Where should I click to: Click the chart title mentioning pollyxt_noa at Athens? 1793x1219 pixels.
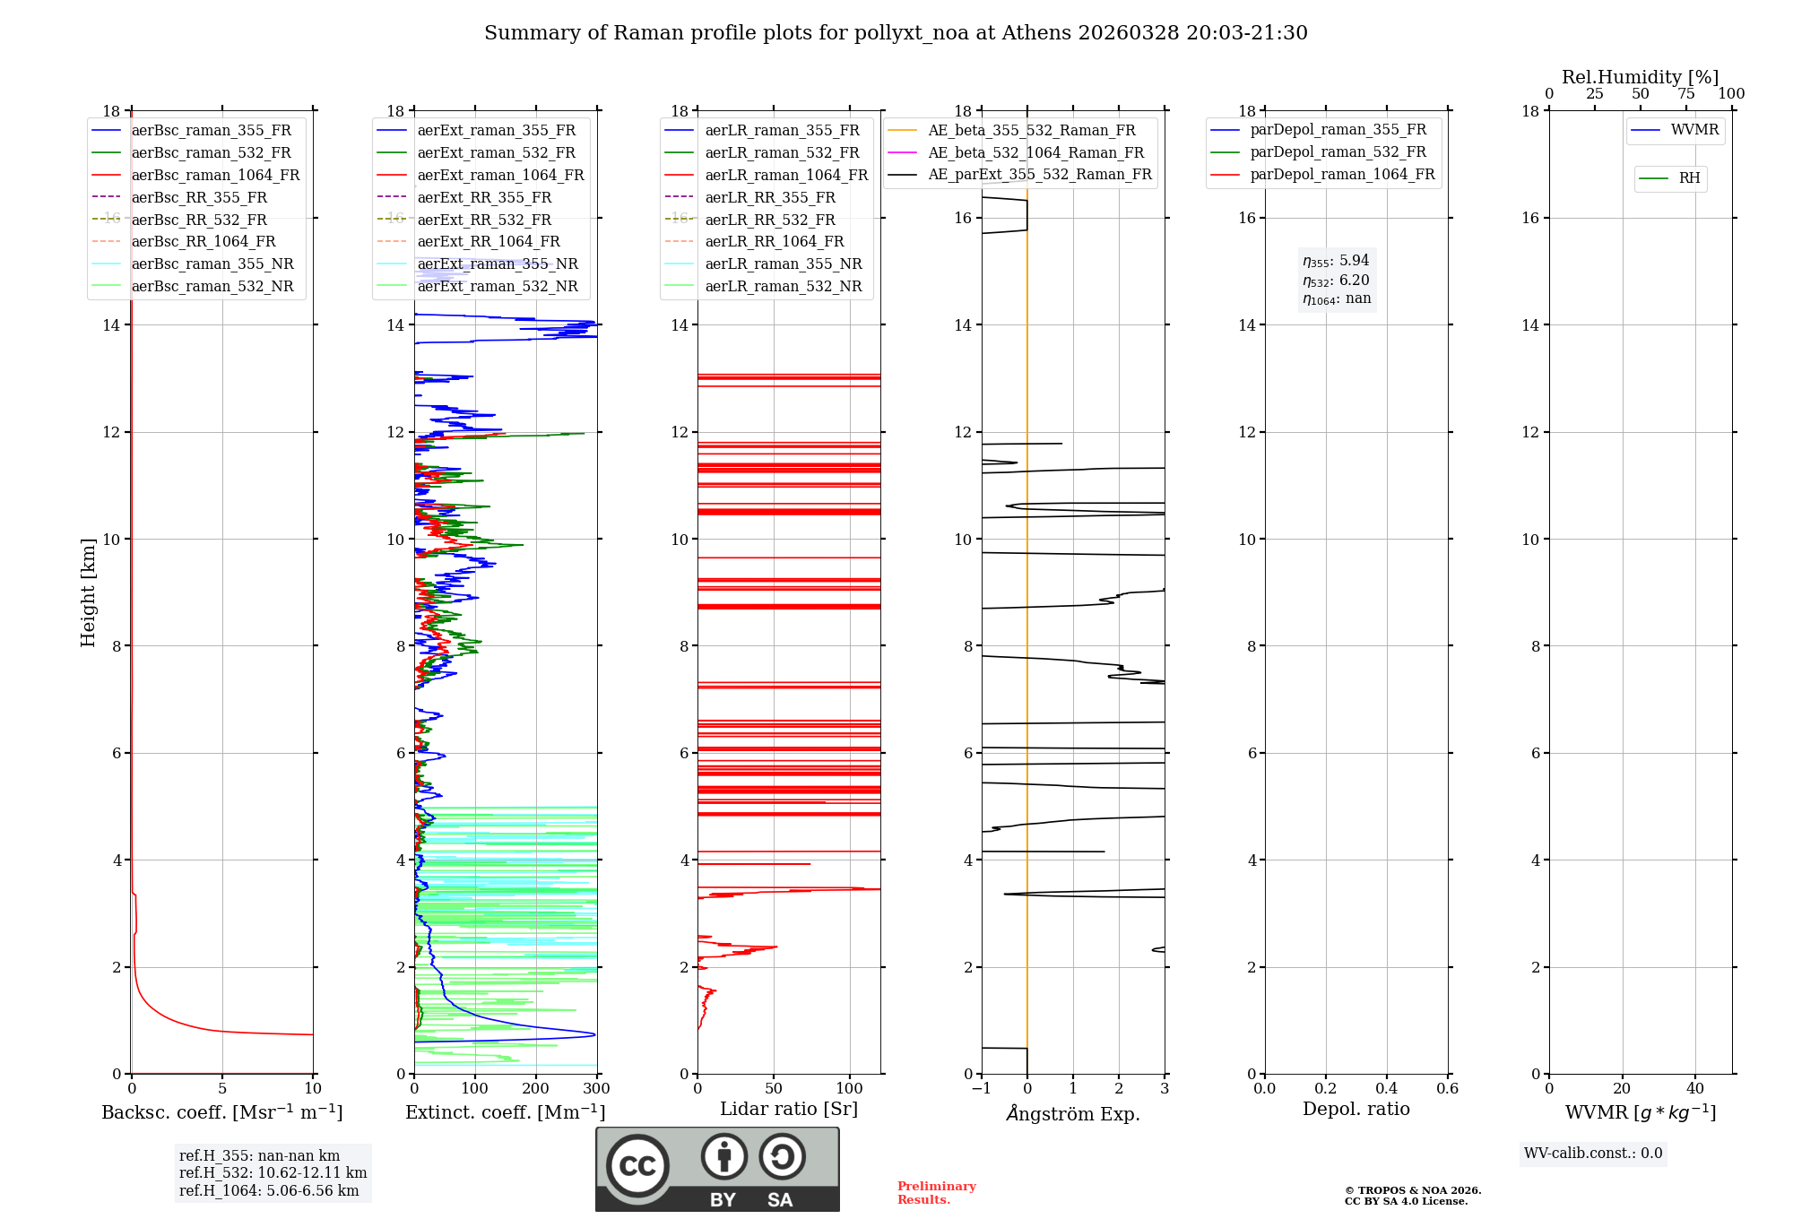pyautogui.click(x=896, y=33)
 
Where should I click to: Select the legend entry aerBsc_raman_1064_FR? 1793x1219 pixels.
pyautogui.click(x=215, y=176)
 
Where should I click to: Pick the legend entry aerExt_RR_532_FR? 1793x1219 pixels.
pyautogui.click(x=484, y=220)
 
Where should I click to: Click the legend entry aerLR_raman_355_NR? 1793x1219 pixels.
pyautogui.click(x=783, y=264)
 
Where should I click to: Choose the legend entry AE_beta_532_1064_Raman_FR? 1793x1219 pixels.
pyautogui.click(x=1035, y=153)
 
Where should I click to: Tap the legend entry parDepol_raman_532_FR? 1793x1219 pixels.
pyautogui.click(x=1338, y=152)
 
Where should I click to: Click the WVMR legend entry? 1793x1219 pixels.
pyautogui.click(x=1694, y=130)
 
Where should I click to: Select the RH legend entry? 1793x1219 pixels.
pyautogui.click(x=1689, y=178)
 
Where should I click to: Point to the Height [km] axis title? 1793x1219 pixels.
pyautogui.click(x=88, y=592)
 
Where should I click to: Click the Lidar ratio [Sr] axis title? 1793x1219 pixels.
pyautogui.click(x=789, y=1110)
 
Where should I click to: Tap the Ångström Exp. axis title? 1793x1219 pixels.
pyautogui.click(x=1073, y=1114)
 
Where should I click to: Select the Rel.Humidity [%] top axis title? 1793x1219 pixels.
pyautogui.click(x=1640, y=77)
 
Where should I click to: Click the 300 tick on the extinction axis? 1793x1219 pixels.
pyautogui.click(x=596, y=1089)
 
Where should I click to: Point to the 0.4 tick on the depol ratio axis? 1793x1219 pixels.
pyautogui.click(x=1386, y=1089)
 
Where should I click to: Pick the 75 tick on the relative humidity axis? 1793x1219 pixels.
pyautogui.click(x=1685, y=94)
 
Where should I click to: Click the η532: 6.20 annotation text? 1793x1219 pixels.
pyautogui.click(x=1336, y=281)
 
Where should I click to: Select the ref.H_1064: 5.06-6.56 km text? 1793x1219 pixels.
pyautogui.click(x=269, y=1191)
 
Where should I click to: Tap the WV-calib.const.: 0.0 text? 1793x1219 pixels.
pyautogui.click(x=1593, y=1154)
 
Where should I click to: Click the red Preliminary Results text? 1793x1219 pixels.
pyautogui.click(x=936, y=1193)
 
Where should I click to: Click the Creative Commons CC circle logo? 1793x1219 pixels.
pyautogui.click(x=637, y=1166)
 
